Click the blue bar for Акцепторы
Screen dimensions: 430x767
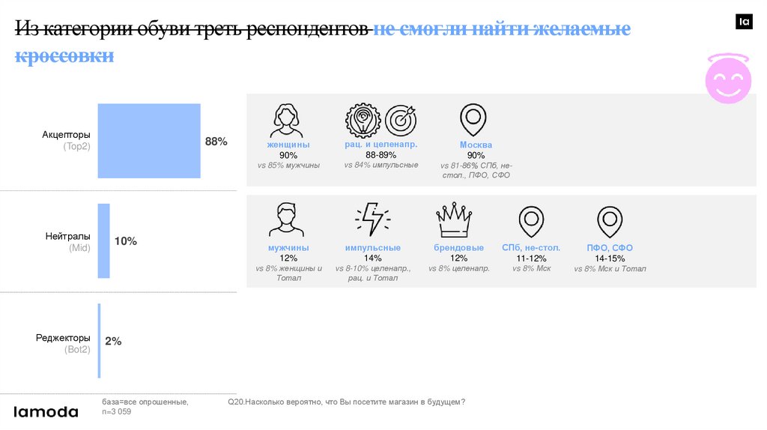pos(149,141)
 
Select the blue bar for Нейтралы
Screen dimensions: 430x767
pos(103,241)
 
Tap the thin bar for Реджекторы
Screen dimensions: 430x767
pos(99,341)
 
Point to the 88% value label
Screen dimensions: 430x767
pos(216,142)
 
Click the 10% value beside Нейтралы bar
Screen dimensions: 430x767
pos(125,241)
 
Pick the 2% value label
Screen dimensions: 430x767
pos(113,341)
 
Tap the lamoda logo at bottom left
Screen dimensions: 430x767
pos(46,411)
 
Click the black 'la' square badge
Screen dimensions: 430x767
pos(744,22)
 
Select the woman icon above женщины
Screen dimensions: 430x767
pos(288,119)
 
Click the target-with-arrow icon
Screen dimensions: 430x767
pos(401,120)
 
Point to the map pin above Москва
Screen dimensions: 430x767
pos(473,119)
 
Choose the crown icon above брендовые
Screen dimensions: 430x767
pos(453,220)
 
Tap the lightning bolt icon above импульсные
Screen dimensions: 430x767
pos(372,219)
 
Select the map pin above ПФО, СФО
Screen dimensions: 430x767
pos(610,222)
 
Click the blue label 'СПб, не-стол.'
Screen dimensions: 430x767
pos(531,248)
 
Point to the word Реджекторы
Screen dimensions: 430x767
pos(63,338)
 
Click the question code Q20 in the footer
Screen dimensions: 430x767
pos(235,402)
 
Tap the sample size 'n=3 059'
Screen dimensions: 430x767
pos(117,411)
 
